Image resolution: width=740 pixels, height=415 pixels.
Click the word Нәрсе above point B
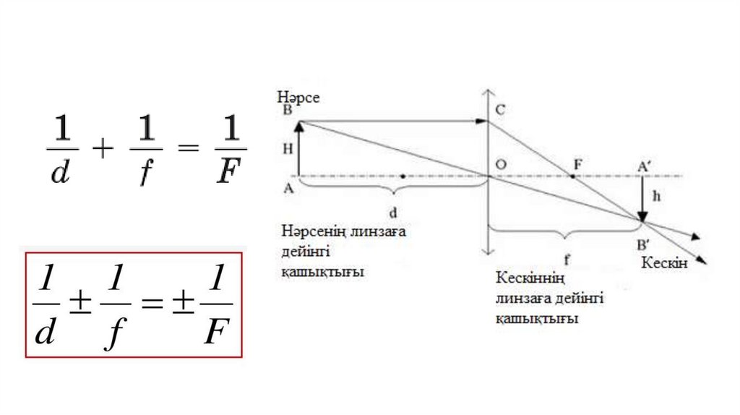click(x=298, y=96)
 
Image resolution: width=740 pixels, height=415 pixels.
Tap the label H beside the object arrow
click(x=287, y=147)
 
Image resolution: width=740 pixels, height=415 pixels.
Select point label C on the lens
click(x=500, y=110)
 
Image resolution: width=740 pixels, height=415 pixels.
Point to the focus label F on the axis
click(x=577, y=163)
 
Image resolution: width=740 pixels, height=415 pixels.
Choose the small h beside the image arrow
click(x=655, y=194)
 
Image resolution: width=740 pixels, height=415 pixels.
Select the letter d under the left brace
click(x=393, y=214)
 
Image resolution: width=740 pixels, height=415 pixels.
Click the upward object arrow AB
click(x=299, y=148)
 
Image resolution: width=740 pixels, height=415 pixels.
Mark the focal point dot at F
click(x=572, y=176)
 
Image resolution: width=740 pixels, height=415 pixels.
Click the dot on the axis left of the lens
click(x=402, y=176)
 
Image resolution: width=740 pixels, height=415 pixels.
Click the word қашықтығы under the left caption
click(x=322, y=273)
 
